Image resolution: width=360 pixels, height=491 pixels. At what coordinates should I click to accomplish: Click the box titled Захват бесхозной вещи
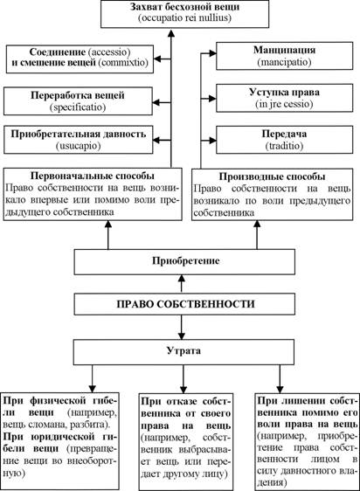[x=185, y=14]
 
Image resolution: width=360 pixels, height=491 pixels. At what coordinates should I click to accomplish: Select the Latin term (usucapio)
[x=79, y=146]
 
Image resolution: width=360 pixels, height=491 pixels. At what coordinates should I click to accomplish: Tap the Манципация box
[x=285, y=56]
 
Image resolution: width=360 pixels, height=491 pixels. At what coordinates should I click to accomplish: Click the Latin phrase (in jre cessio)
[x=285, y=104]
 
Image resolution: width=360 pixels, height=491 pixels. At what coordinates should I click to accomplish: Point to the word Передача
[x=285, y=134]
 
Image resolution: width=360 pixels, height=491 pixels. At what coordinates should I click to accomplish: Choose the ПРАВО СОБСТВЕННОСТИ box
[x=184, y=304]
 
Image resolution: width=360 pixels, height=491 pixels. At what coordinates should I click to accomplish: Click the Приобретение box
[x=184, y=261]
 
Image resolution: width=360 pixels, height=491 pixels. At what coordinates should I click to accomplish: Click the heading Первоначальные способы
[x=93, y=176]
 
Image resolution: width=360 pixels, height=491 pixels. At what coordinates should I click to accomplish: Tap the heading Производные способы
[x=272, y=176]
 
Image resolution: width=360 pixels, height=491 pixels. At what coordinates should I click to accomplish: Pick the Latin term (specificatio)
[x=78, y=107]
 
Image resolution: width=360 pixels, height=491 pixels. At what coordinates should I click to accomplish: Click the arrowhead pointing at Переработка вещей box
[x=156, y=102]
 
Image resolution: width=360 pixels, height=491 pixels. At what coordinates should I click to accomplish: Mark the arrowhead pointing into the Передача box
[x=212, y=141]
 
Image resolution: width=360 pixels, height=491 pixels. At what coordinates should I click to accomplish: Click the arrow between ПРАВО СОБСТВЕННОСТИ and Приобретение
[x=182, y=284]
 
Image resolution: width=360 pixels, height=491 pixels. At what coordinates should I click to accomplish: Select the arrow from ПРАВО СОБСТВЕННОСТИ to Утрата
[x=182, y=328]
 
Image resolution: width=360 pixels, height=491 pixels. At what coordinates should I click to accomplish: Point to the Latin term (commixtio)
[x=123, y=62]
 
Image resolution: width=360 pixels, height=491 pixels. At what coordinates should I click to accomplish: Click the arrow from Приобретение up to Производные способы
[x=257, y=235]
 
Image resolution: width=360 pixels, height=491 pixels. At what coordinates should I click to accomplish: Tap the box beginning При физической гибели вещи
[x=60, y=440]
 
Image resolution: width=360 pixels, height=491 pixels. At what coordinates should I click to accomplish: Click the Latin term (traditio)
[x=285, y=146]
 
